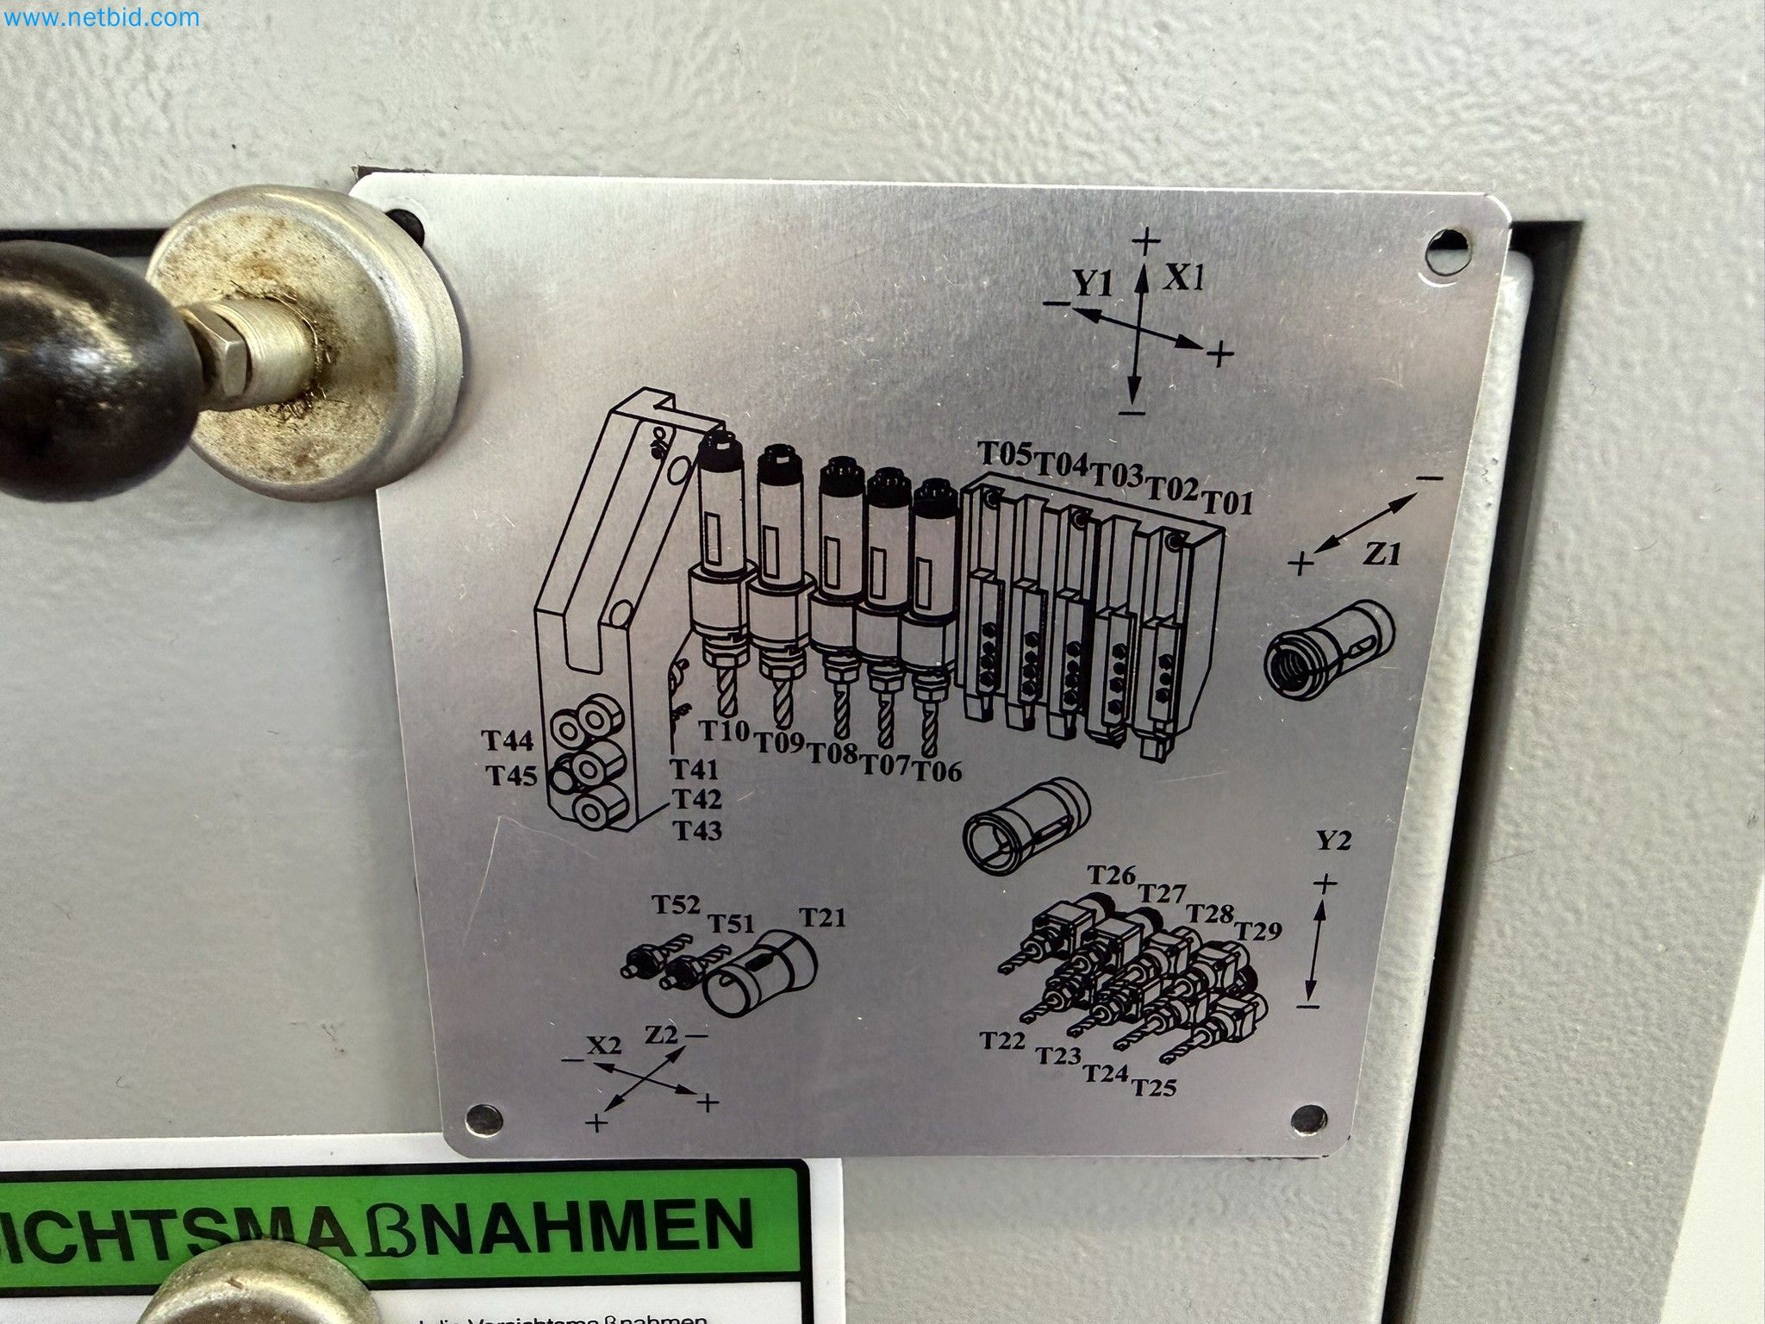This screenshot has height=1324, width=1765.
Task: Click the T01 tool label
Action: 1226,502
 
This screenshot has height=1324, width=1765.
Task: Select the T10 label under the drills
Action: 725,731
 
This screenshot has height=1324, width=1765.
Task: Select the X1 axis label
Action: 1185,278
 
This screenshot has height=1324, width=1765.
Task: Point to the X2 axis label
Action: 604,1045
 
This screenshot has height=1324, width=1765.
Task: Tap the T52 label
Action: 676,905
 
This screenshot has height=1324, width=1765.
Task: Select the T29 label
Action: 1258,931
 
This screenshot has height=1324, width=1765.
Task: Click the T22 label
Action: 1002,1040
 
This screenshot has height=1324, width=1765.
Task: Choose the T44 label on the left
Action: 508,741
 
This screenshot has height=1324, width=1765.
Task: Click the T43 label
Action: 697,831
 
